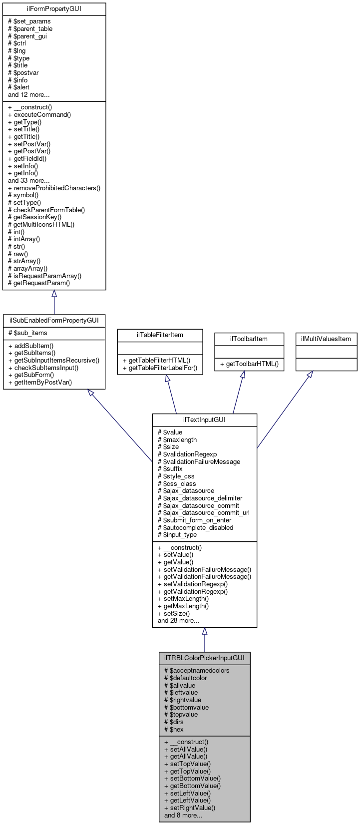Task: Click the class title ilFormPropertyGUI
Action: coord(54,9)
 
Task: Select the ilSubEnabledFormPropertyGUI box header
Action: coord(54,320)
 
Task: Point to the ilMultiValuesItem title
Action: coord(326,339)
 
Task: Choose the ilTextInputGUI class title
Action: coord(204,419)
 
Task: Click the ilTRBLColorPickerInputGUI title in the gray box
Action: coord(204,658)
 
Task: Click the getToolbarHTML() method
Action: coord(249,364)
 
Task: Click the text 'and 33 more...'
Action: coord(28,181)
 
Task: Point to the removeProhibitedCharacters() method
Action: coord(54,188)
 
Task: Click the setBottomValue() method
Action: coord(192,778)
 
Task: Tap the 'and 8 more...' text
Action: coord(183,815)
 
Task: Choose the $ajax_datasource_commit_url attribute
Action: coord(203,512)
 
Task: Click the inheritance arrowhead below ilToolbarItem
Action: coord(242,375)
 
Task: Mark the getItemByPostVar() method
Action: coord(40,383)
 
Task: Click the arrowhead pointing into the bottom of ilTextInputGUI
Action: coord(204,631)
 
